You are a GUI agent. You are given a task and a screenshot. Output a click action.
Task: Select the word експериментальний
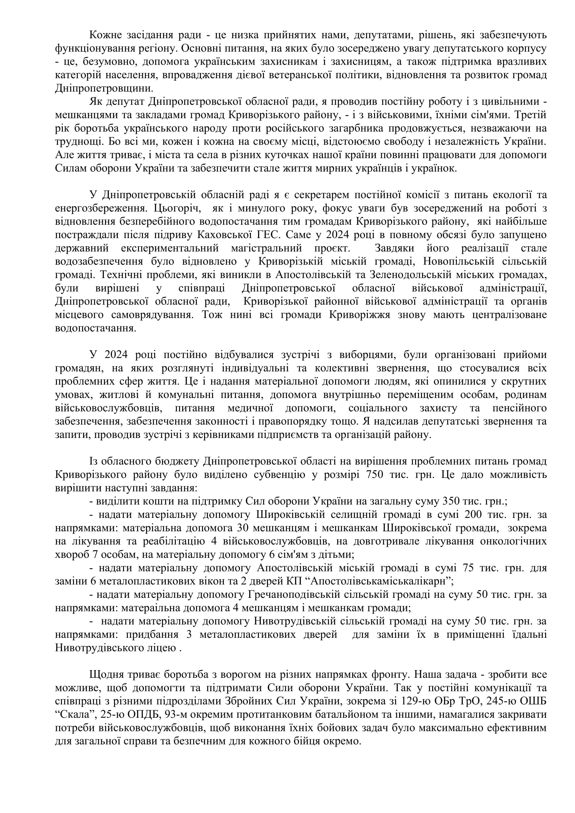click(170, 249)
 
